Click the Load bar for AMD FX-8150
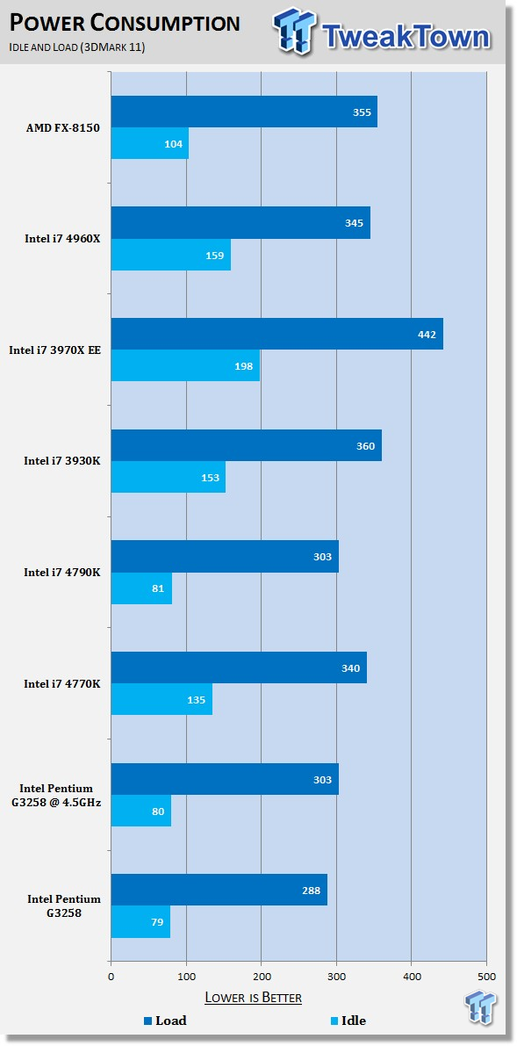(244, 112)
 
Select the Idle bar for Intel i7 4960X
(171, 254)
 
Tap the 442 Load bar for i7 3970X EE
(276, 334)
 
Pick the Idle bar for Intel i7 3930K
(169, 477)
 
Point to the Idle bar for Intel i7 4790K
(141, 588)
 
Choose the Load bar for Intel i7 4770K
(239, 667)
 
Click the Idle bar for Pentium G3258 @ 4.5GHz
(140, 811)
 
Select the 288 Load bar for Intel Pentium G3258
(219, 890)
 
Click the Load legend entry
(165, 1021)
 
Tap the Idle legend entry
(348, 1021)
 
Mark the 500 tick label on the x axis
(486, 977)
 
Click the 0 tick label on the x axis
(111, 977)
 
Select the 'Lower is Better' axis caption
(253, 998)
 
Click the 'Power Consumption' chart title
(125, 24)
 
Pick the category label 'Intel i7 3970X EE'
(54, 350)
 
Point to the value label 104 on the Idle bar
(174, 143)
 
